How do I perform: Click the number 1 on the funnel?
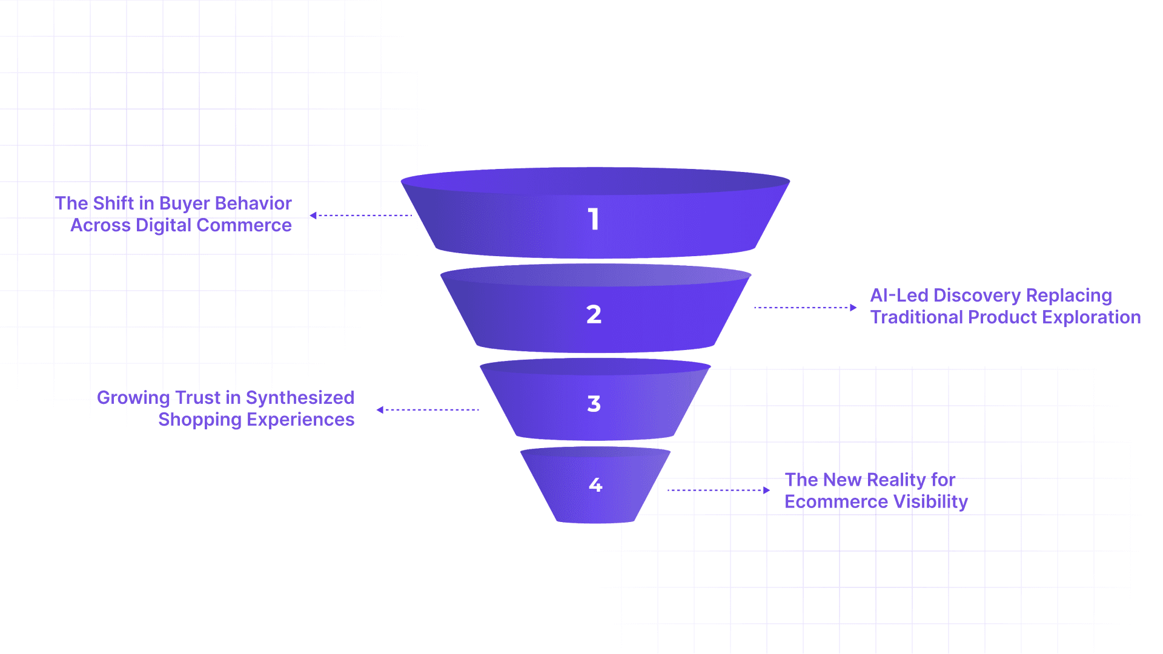(x=594, y=219)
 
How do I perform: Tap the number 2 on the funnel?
(x=594, y=314)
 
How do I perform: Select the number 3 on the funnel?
(x=594, y=404)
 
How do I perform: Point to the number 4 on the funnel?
(x=595, y=484)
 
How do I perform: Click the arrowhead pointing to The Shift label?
(x=313, y=216)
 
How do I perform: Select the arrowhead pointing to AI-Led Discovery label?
(x=853, y=308)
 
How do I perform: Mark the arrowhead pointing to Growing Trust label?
(x=380, y=410)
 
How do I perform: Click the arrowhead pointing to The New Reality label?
(x=766, y=490)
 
